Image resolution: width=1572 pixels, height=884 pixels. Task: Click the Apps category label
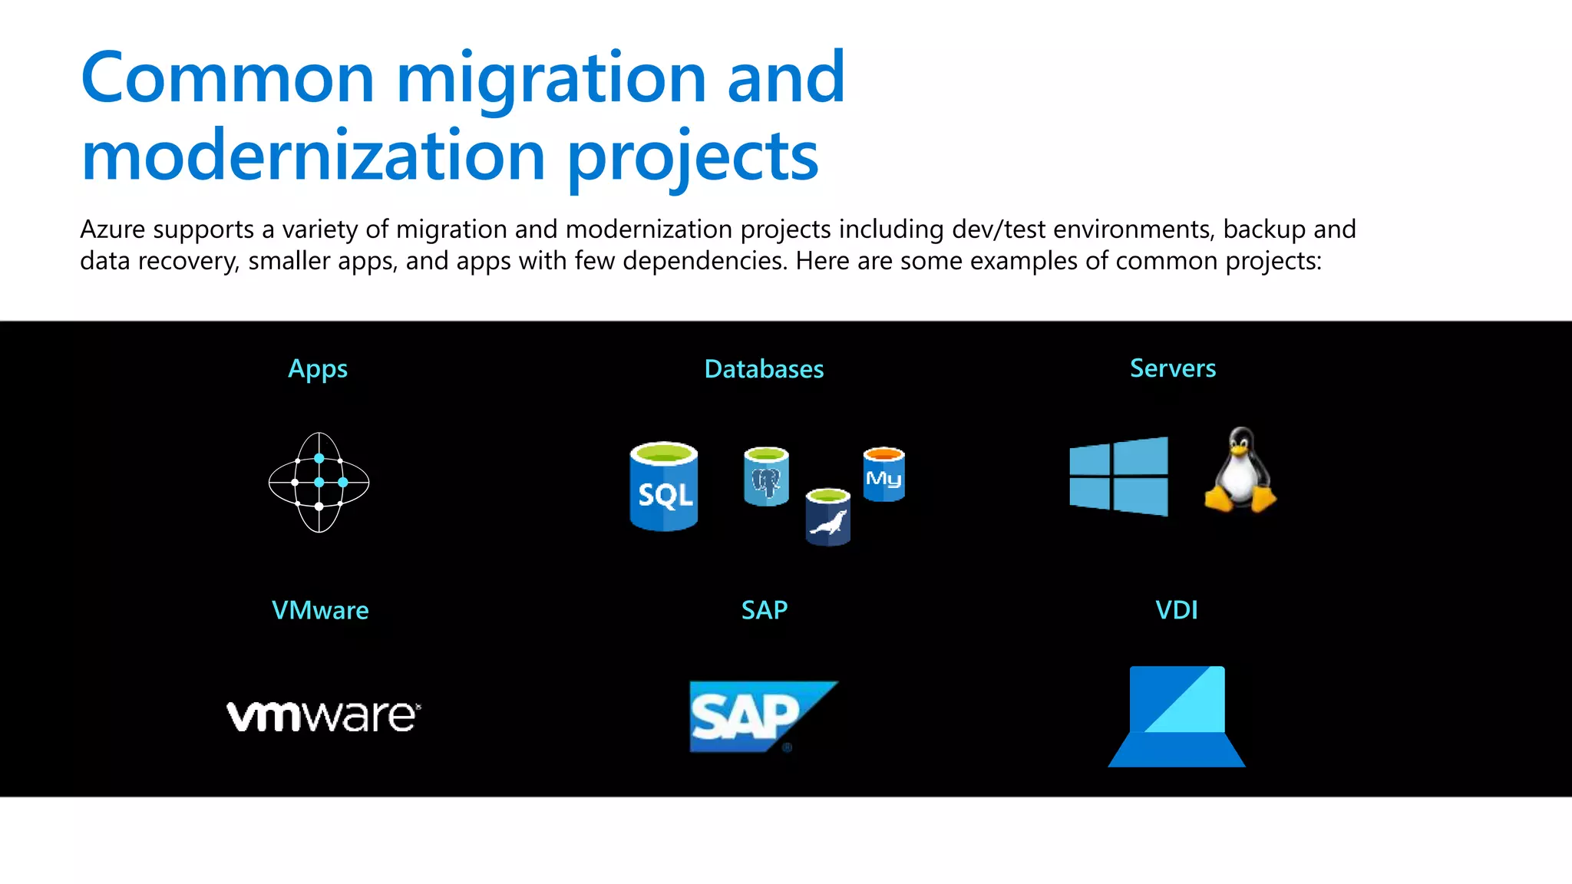(x=317, y=369)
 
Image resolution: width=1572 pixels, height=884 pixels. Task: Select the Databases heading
(x=764, y=369)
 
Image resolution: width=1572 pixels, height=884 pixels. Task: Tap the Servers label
(x=1172, y=368)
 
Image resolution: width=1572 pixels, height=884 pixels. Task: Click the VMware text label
(x=320, y=610)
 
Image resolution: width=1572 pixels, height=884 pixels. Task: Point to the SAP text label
(x=764, y=610)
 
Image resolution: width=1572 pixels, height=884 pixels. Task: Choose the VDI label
(x=1176, y=610)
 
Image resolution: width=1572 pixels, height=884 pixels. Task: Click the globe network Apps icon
(x=319, y=482)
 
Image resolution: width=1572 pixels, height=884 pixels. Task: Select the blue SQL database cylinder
(x=664, y=487)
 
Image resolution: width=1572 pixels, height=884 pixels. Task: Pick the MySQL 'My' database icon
(x=883, y=474)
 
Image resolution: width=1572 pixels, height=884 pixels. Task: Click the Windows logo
(x=1118, y=476)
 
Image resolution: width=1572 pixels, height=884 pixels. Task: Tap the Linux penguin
(x=1240, y=470)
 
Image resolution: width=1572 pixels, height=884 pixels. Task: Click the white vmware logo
(x=323, y=716)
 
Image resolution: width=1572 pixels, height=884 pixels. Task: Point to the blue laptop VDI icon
(x=1176, y=716)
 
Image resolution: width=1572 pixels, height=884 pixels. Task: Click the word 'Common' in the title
(x=227, y=78)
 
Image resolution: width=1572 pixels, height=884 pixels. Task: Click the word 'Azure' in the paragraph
(x=113, y=229)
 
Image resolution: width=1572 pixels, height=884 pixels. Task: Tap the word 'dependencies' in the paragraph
(x=704, y=261)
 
